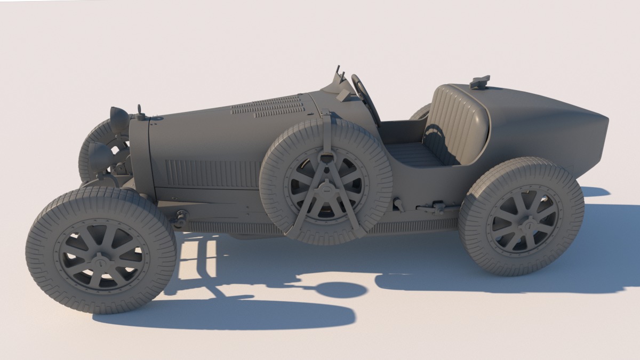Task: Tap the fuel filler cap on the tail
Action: coord(479,82)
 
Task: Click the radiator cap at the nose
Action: coord(140,113)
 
